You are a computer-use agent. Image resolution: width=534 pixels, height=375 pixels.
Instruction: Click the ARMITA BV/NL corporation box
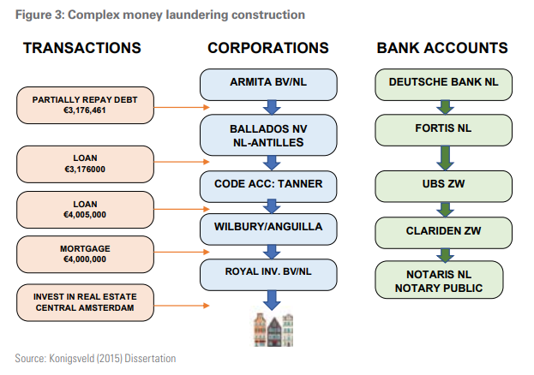[268, 85]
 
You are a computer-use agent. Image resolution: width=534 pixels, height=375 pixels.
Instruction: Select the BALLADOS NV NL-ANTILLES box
[268, 135]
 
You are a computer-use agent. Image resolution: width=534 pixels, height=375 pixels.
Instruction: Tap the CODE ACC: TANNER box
[268, 187]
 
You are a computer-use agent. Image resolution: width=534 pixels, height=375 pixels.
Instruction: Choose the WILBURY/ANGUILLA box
[268, 229]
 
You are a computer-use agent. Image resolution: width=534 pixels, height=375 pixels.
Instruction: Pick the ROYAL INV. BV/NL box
[268, 275]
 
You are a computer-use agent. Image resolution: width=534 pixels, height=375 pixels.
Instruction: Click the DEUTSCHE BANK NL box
[443, 85]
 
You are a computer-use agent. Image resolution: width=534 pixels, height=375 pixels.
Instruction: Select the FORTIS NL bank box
[443, 130]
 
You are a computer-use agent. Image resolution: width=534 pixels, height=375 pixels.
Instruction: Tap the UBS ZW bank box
[443, 187]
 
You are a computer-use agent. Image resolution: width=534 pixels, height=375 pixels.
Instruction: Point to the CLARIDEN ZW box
[443, 233]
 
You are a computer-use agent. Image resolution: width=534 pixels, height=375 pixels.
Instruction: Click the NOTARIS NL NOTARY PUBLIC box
[439, 280]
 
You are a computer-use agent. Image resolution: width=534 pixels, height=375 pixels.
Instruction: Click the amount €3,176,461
[85, 110]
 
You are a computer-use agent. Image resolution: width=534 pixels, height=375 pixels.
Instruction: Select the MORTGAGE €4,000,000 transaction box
[85, 254]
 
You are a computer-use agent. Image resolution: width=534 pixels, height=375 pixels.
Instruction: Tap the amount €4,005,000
[85, 215]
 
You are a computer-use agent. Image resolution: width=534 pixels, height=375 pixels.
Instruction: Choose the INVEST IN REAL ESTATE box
[85, 302]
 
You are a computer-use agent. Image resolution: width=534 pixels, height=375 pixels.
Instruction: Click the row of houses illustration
[273, 330]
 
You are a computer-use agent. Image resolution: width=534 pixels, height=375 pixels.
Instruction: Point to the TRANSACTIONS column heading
[82, 48]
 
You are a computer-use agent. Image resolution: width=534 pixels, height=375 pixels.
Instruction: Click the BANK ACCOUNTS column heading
[442, 48]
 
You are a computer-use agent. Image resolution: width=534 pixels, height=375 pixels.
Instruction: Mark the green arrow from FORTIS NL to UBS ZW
[445, 158]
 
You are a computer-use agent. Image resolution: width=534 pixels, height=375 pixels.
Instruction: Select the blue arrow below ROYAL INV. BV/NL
[272, 301]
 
